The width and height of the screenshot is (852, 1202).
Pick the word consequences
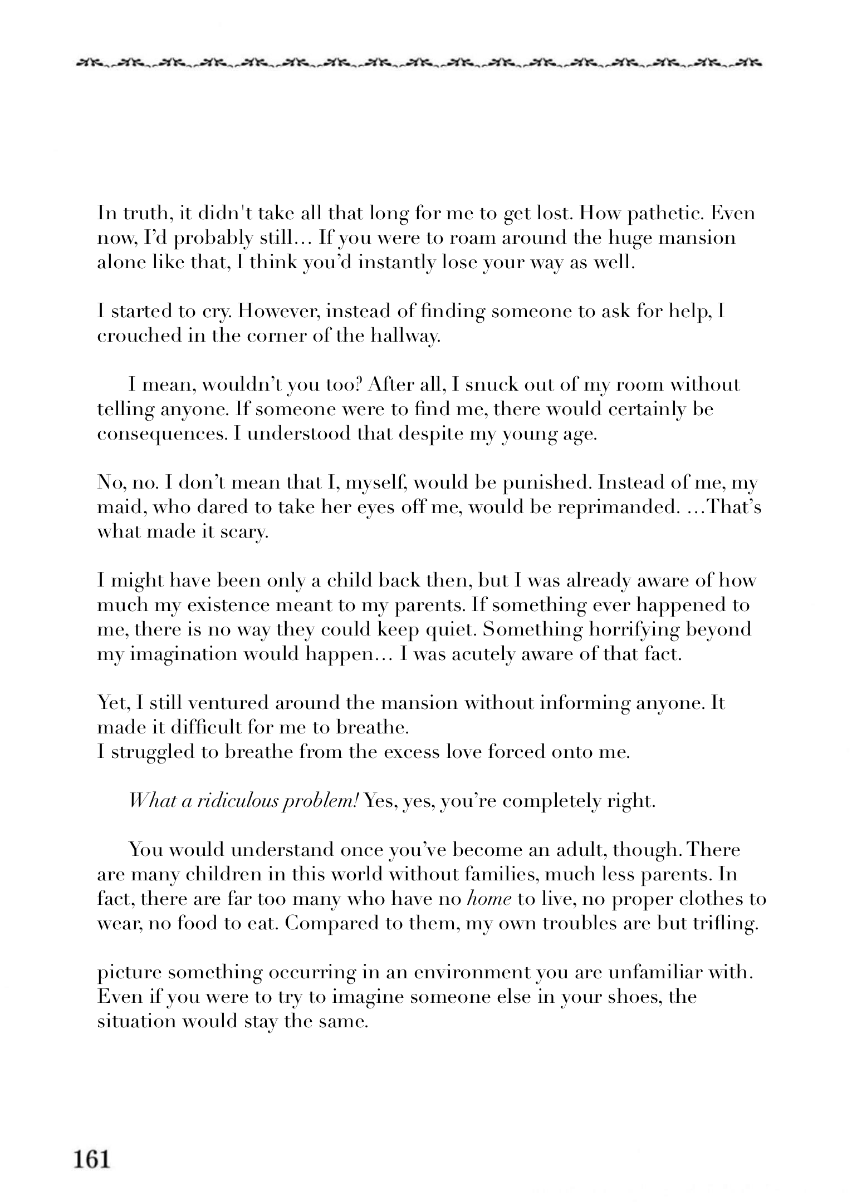click(162, 435)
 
